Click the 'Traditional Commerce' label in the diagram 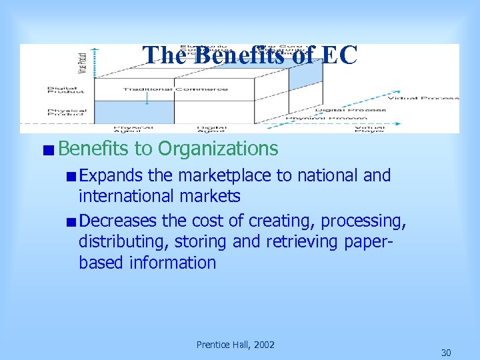[x=175, y=89]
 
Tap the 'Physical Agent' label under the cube [x=133, y=129]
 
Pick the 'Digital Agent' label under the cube [x=211, y=129]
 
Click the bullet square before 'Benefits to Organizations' [x=50, y=149]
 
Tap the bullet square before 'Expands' [x=71, y=177]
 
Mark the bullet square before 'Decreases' [x=71, y=221]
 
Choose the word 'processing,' [x=362, y=221]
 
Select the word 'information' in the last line [x=173, y=262]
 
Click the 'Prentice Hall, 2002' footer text [x=235, y=345]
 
